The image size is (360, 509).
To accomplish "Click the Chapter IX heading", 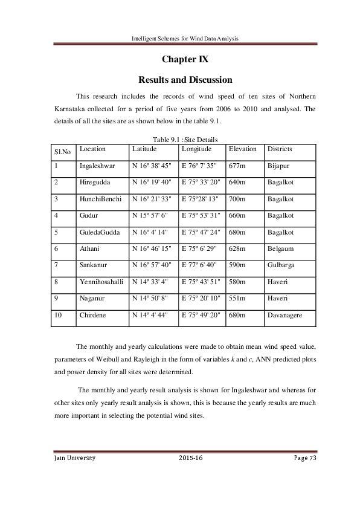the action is coord(185,60).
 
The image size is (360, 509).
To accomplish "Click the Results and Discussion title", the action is coord(185,80).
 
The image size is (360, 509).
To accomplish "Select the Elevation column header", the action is coord(243,149).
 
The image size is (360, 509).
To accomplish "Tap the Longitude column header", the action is coord(196,149).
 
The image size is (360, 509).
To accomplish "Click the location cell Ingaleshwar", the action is coord(97,165).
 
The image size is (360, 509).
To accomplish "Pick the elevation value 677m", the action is coord(237,165).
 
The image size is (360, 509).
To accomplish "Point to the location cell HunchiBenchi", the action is coord(100,198).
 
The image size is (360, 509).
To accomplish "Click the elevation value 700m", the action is coord(238,198).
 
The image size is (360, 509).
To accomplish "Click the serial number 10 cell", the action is coord(58,315).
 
